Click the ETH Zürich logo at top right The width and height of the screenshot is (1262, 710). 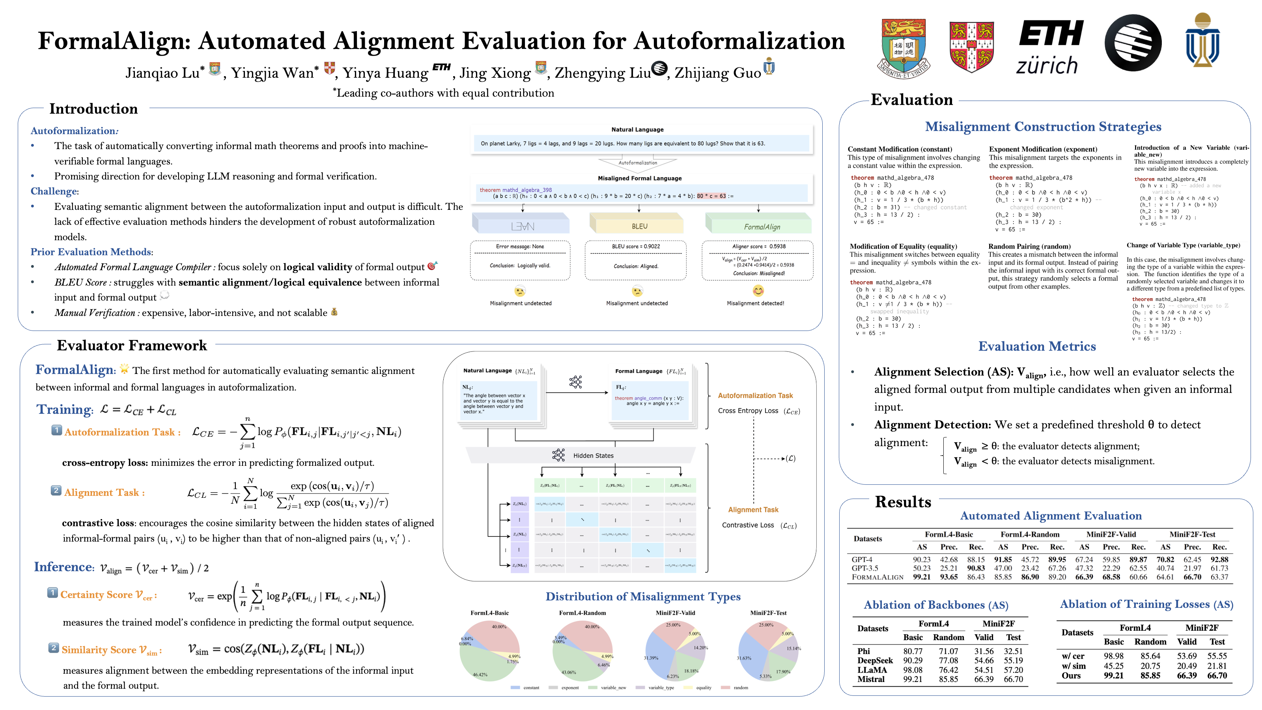pyautogui.click(x=1050, y=47)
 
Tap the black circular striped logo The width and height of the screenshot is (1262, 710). pyautogui.click(x=1133, y=43)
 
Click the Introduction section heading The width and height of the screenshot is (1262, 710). pyautogui.click(x=93, y=109)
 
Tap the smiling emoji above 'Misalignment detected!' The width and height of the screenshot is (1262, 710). pyautogui.click(x=758, y=291)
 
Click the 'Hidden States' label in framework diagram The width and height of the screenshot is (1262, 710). pyautogui.click(x=593, y=456)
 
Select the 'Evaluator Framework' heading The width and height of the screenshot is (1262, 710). pyautogui.click(x=132, y=346)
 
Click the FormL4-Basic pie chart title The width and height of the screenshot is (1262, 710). pyautogui.click(x=489, y=613)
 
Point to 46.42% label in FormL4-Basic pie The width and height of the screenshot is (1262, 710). pyautogui.click(x=480, y=675)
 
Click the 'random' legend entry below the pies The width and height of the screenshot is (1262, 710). pyautogui.click(x=740, y=688)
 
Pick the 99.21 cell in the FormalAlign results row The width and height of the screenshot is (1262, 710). pyautogui.click(x=921, y=577)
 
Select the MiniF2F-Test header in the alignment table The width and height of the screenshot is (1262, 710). pyautogui.click(x=1192, y=534)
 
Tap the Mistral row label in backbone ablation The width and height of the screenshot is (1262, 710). pyautogui.click(x=870, y=679)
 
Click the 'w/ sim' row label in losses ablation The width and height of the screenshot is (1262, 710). pyautogui.click(x=1073, y=666)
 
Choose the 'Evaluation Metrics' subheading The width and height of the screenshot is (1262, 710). pyautogui.click(x=1037, y=346)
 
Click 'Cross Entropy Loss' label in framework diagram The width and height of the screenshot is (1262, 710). pyautogui.click(x=748, y=411)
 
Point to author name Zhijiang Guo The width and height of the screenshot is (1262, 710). pyautogui.click(x=717, y=73)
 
